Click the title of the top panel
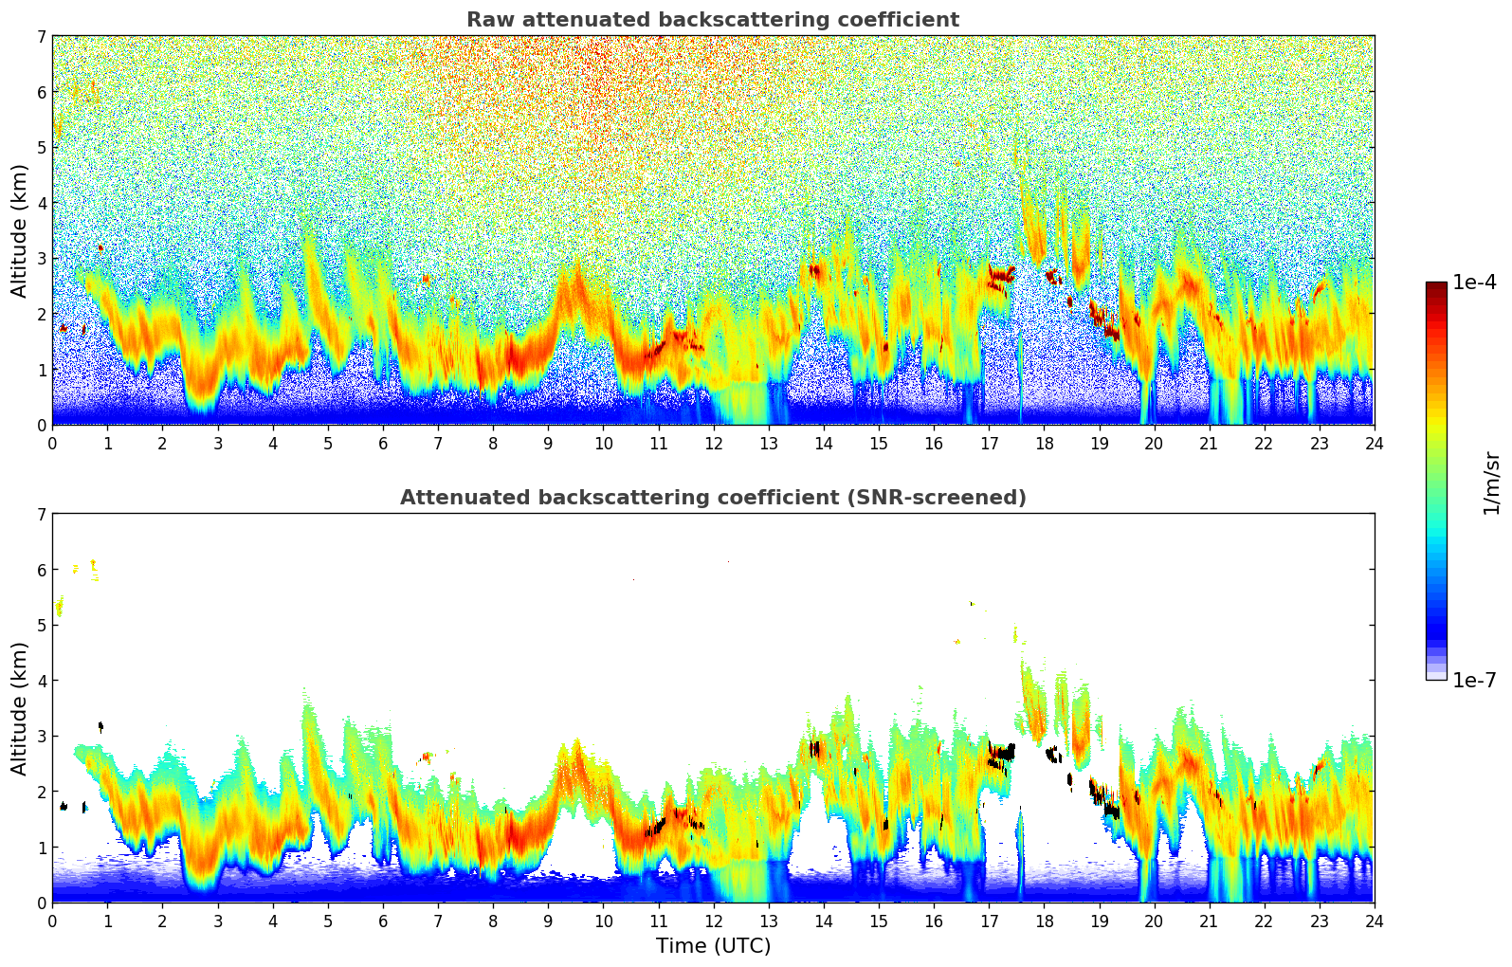click(712, 20)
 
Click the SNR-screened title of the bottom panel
click(712, 498)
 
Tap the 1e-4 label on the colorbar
click(1474, 283)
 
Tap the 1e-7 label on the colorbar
click(1474, 680)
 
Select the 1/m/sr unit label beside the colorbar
click(1491, 483)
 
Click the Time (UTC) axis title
click(713, 945)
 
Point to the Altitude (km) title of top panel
click(20, 230)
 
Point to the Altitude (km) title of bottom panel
click(20, 708)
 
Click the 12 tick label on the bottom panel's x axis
click(713, 921)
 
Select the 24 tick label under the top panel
click(1374, 443)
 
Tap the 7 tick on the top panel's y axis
click(42, 36)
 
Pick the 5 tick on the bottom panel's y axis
click(42, 625)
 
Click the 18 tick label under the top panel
click(1044, 443)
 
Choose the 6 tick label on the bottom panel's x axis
click(383, 921)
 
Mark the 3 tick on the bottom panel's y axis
click(42, 736)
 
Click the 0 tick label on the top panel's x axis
click(52, 443)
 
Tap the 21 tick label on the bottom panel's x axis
click(1209, 921)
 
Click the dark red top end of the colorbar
click(1436, 286)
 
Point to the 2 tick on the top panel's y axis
click(42, 314)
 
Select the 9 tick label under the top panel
click(548, 443)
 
